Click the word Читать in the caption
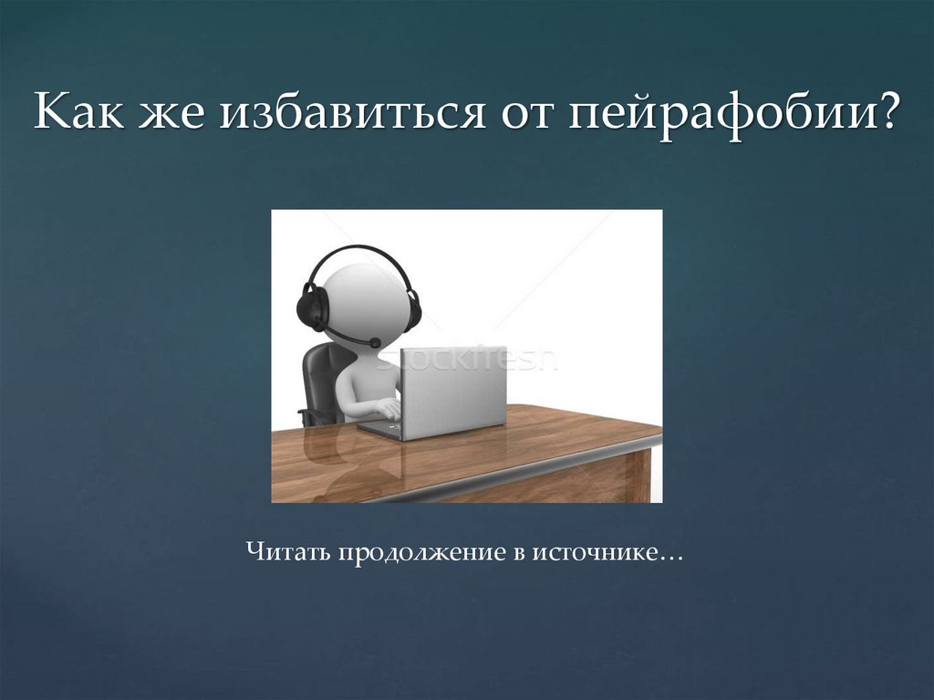(x=289, y=552)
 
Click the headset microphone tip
(x=374, y=342)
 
